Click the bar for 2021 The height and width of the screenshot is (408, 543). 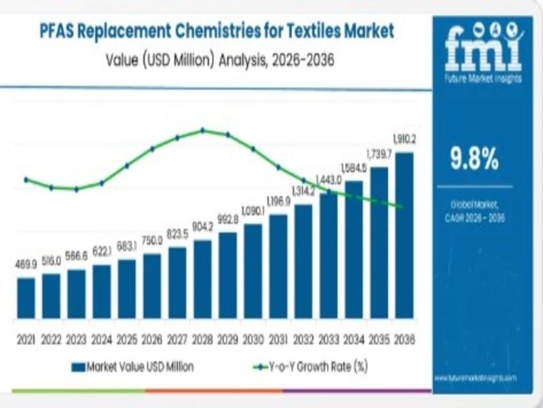[26, 298]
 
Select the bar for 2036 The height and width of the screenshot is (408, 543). [404, 235]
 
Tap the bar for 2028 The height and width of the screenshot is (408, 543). [202, 279]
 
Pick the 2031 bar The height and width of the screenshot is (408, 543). [278, 267]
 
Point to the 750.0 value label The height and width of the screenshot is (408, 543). [152, 240]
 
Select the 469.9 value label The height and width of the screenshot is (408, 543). [26, 264]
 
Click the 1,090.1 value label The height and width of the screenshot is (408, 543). [252, 210]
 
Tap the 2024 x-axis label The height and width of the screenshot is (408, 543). [102, 339]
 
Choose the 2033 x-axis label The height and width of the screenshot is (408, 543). [329, 339]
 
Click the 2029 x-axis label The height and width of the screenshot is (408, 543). [228, 339]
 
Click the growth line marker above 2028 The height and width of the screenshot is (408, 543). [202, 130]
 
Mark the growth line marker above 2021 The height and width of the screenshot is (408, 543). [26, 180]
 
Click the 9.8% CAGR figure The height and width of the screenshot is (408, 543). [474, 160]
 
